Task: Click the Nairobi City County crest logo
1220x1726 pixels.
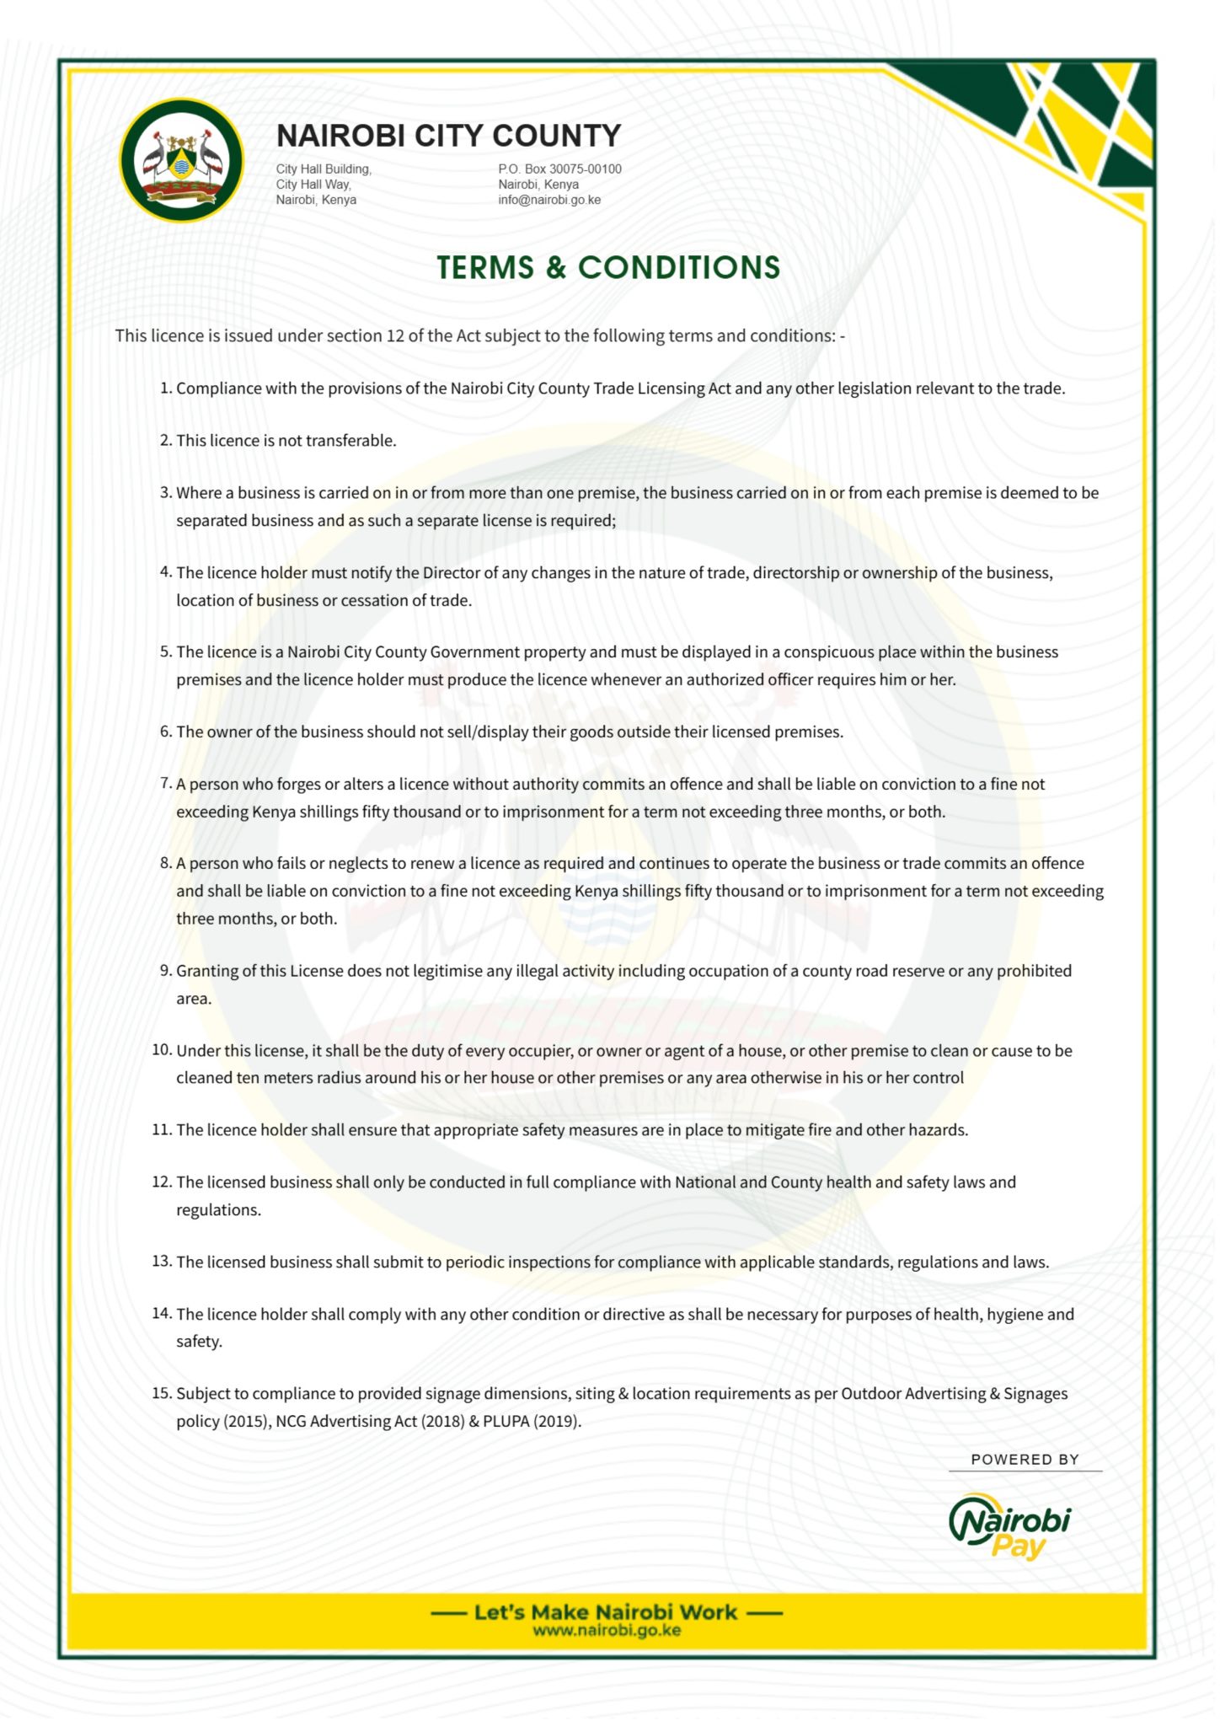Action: (181, 160)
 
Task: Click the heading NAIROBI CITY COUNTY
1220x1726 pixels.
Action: (448, 136)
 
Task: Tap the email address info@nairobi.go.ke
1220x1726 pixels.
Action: (549, 200)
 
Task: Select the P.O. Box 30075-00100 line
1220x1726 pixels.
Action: (559, 169)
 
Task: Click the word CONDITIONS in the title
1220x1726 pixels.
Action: (678, 268)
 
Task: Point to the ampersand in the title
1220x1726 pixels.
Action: (555, 268)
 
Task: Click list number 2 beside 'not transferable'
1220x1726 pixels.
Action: (165, 441)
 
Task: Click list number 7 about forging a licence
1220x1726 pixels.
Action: (165, 784)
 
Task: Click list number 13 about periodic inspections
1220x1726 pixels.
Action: (162, 1262)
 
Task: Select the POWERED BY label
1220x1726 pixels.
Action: (1025, 1460)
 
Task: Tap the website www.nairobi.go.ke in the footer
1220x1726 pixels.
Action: (607, 1631)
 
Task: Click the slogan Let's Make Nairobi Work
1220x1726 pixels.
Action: (606, 1611)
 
